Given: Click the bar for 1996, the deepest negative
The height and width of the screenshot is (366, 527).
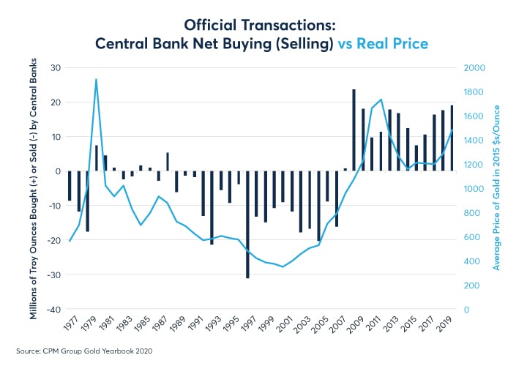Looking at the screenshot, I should (247, 224).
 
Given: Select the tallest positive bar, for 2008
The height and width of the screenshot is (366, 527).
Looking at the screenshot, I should (354, 130).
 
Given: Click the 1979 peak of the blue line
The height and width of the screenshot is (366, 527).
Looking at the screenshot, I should (96, 80).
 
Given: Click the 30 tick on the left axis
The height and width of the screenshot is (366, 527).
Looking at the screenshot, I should (55, 68).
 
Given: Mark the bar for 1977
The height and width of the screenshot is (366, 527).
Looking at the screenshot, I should (70, 186).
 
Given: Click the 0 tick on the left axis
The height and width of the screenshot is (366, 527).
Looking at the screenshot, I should (57, 171).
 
